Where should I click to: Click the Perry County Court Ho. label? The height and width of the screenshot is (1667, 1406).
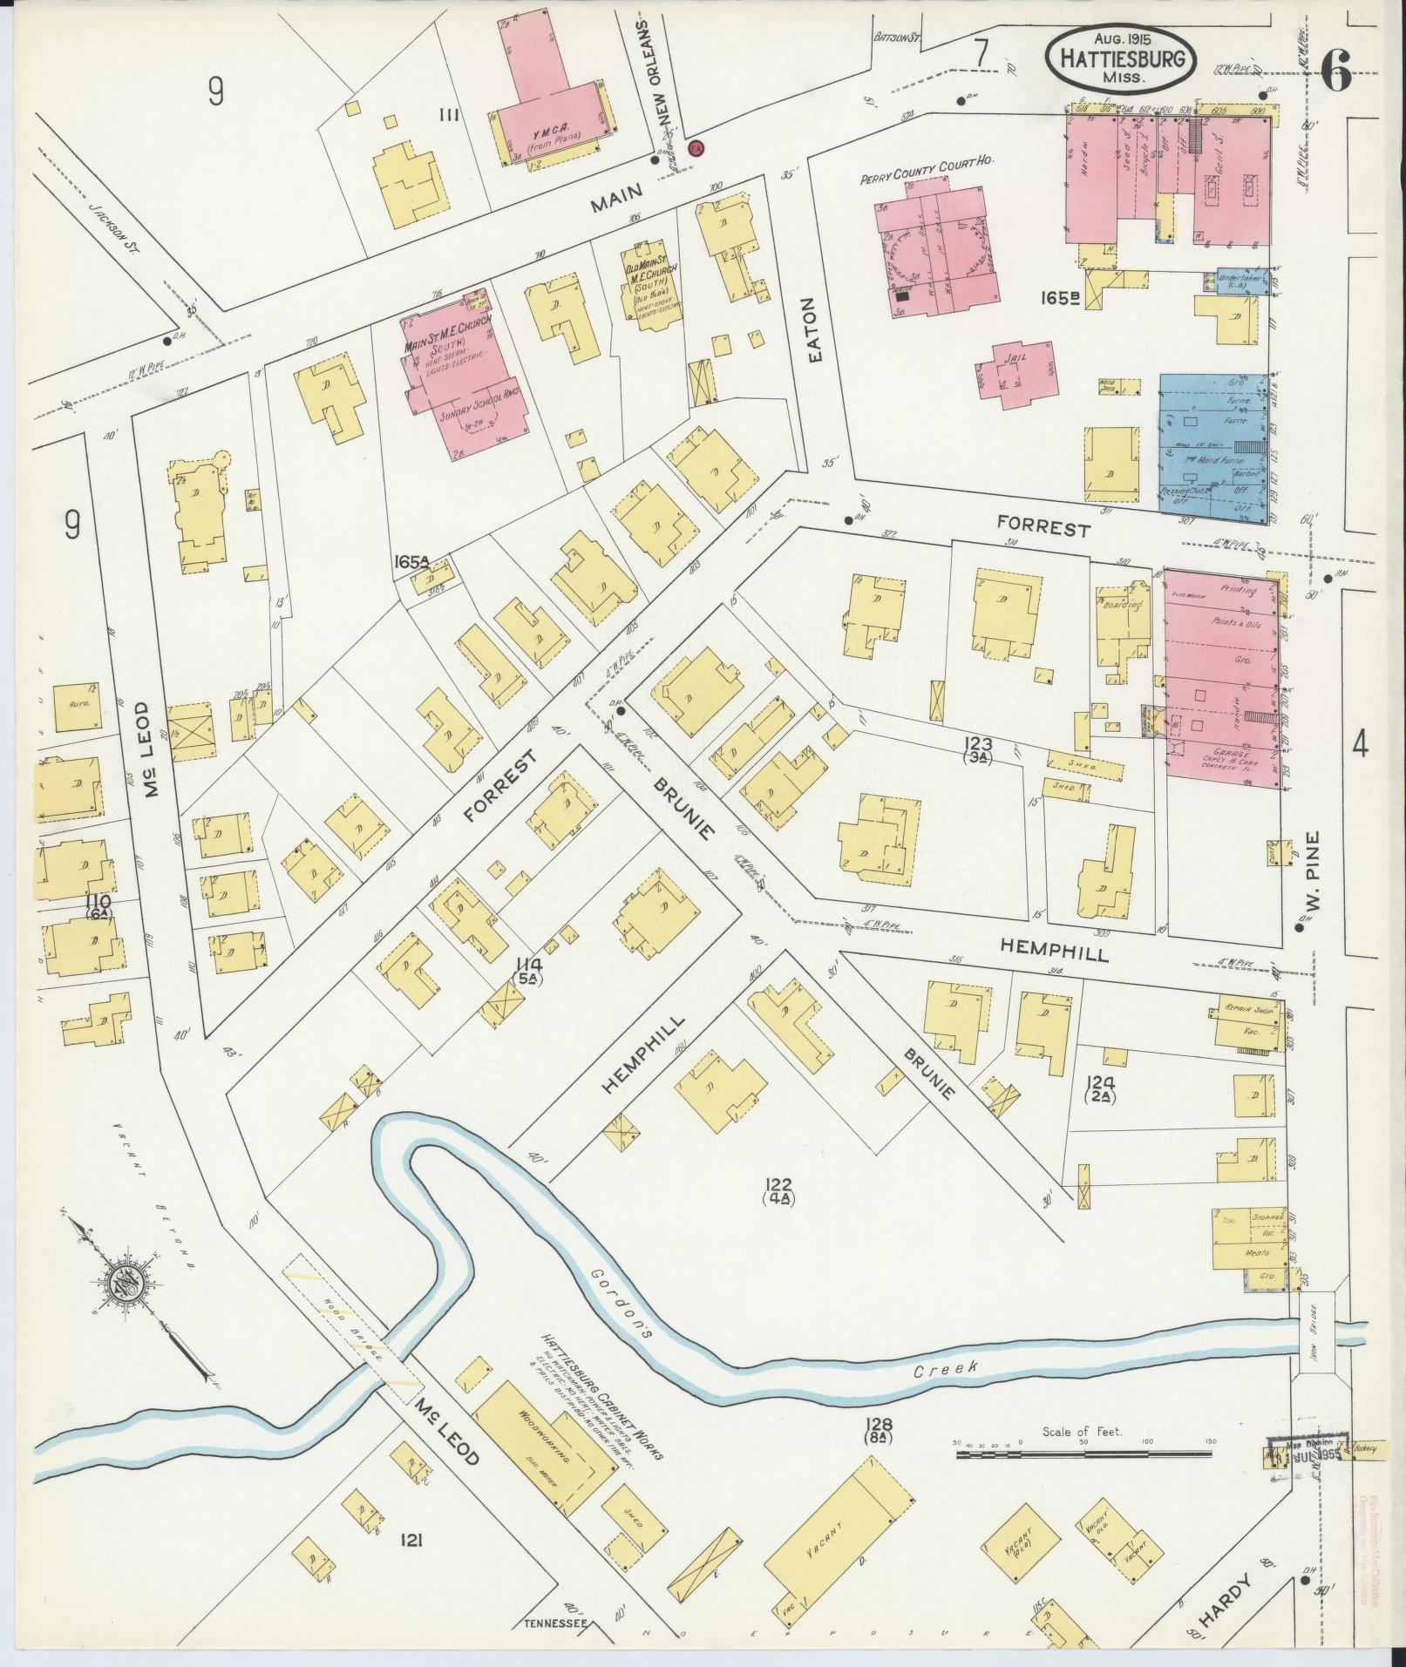tap(927, 161)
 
